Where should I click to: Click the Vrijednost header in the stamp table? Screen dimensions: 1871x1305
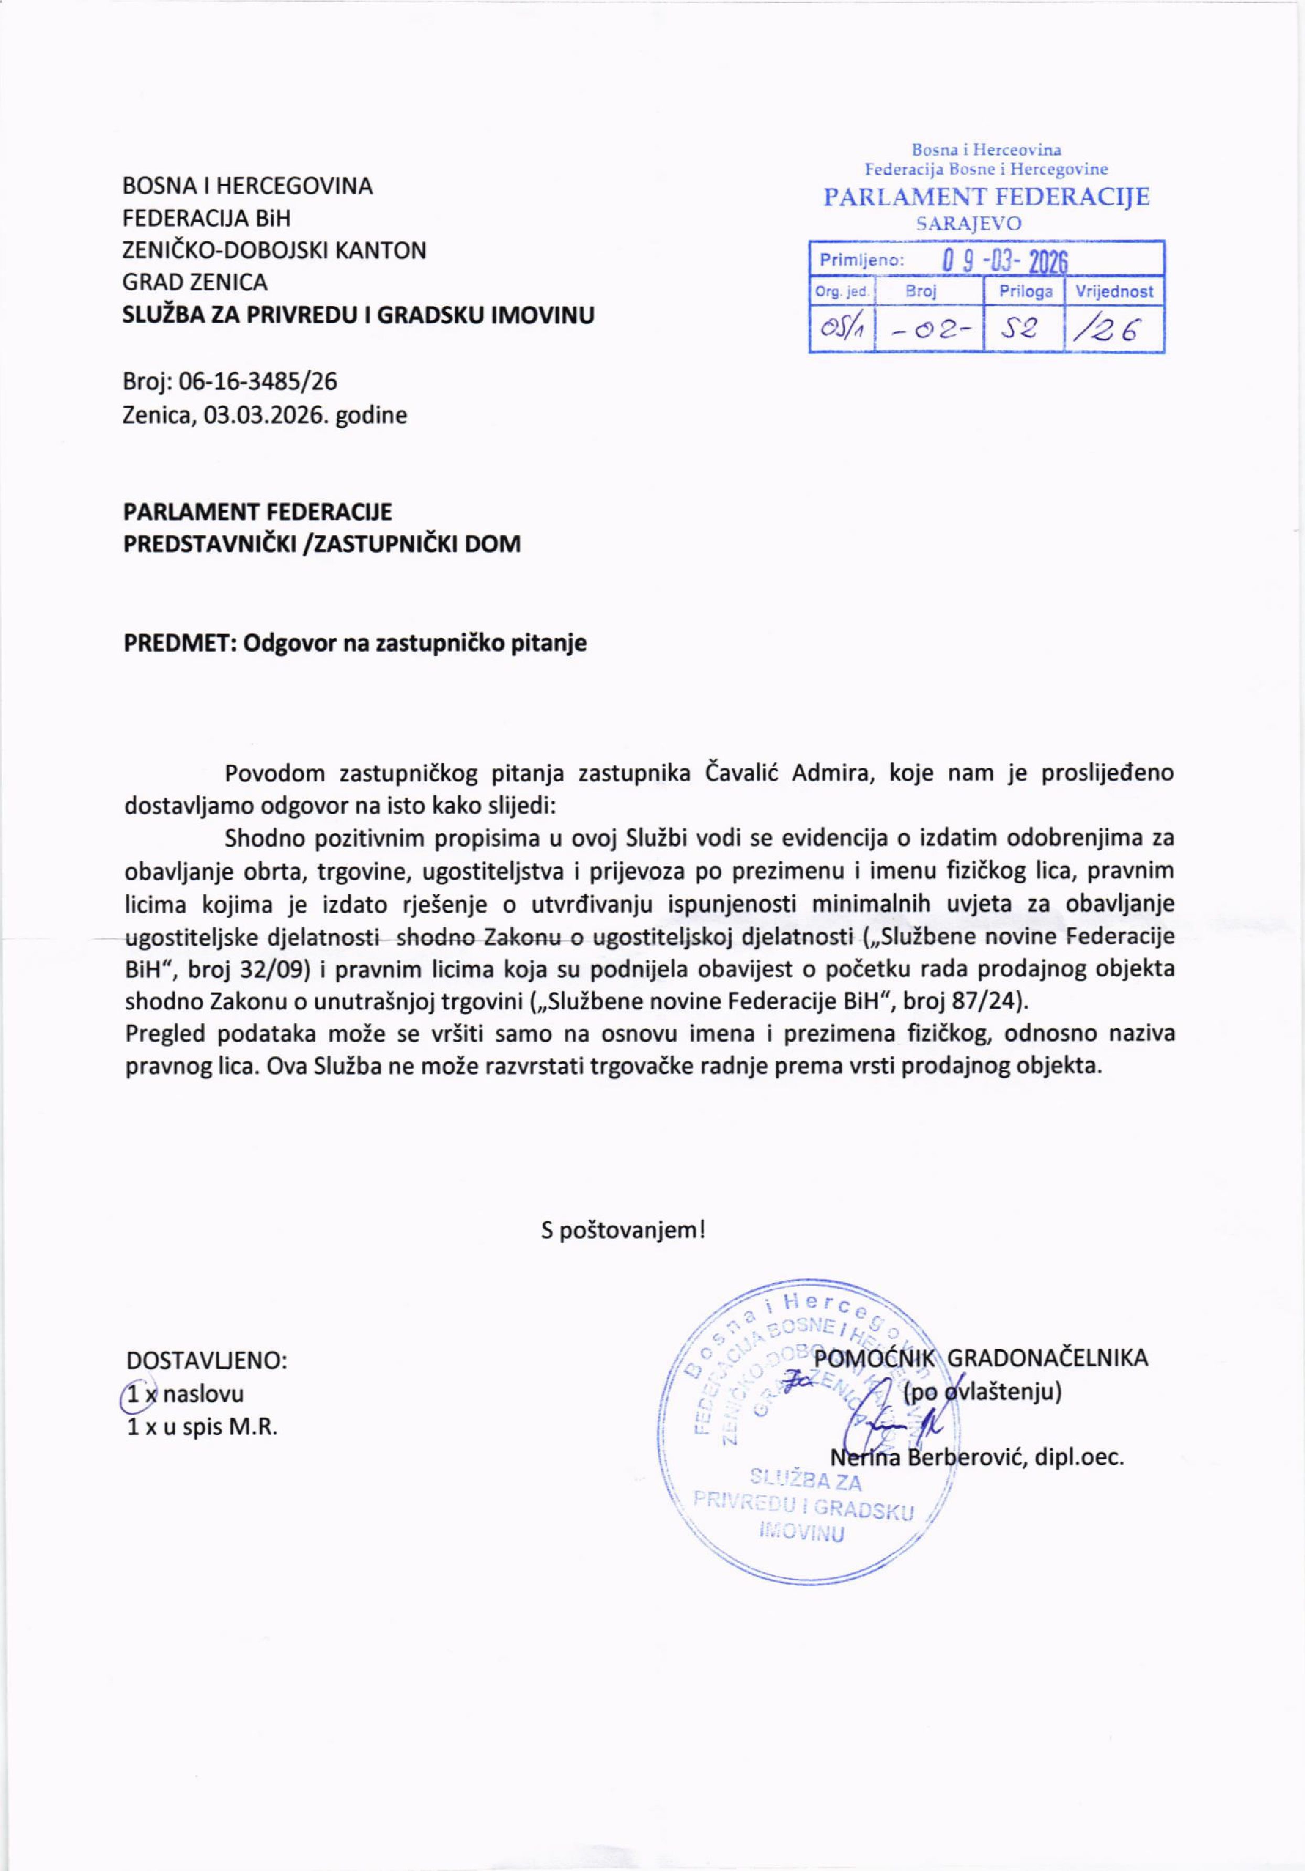[1114, 291]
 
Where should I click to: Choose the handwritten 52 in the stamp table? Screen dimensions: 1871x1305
[1023, 329]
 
